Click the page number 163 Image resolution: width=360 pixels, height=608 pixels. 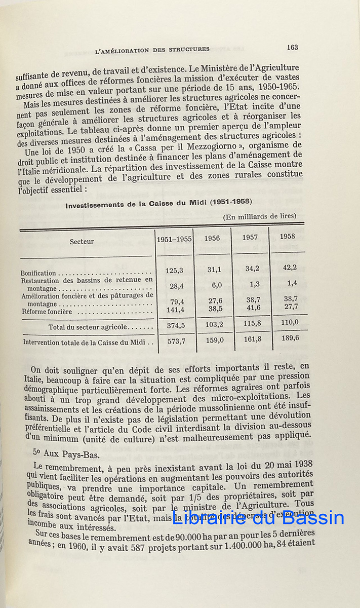coord(292,47)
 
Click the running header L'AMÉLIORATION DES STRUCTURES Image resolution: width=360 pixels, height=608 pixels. coord(152,50)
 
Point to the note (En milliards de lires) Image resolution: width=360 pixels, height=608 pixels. coord(260,216)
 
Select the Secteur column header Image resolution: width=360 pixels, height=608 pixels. coord(82,242)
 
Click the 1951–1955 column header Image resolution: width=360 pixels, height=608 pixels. coord(174,239)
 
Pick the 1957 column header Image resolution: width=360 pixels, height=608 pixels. coord(250,237)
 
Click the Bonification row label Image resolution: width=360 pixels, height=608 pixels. coord(38,273)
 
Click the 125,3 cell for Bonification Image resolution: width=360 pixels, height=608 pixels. coord(174,271)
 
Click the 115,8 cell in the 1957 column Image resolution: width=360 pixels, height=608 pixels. coord(252,323)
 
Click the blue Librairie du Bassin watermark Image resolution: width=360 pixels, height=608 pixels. coord(258,517)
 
